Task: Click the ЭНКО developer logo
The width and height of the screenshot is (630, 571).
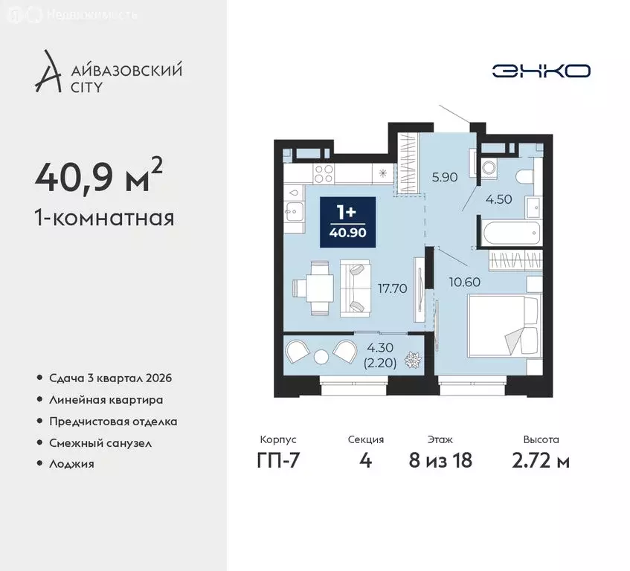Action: coord(541,71)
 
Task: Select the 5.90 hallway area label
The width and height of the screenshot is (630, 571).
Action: coord(445,178)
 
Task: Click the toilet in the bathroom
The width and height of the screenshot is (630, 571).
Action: coord(523,175)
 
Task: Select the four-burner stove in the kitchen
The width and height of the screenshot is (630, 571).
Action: coord(324,173)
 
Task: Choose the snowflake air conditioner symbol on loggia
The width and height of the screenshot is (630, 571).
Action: coord(411,360)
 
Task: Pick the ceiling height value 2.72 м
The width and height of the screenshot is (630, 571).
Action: coord(541,461)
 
